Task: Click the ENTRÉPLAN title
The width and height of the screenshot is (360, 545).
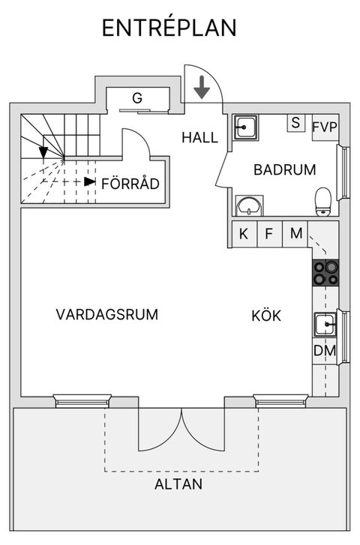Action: (x=169, y=28)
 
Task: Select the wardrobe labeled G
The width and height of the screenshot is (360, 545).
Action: (x=137, y=98)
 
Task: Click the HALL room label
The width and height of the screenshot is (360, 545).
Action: (x=199, y=138)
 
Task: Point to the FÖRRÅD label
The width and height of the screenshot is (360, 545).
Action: (x=130, y=183)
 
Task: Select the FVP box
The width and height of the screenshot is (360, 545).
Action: (x=325, y=125)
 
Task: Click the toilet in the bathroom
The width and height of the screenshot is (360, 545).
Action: (x=323, y=200)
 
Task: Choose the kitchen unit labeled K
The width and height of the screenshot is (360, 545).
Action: (x=244, y=234)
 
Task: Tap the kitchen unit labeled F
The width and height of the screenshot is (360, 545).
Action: (x=268, y=234)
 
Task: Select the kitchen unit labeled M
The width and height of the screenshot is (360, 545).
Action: (x=296, y=234)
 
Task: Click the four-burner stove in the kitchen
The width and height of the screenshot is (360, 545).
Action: (x=325, y=272)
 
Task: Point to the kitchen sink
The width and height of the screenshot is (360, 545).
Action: (x=325, y=325)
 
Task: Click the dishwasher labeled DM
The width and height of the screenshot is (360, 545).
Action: (x=324, y=351)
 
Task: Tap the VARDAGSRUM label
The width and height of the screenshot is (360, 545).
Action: (x=107, y=315)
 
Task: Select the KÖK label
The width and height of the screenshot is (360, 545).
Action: (x=266, y=316)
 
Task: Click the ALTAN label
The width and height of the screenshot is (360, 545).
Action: (x=178, y=484)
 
